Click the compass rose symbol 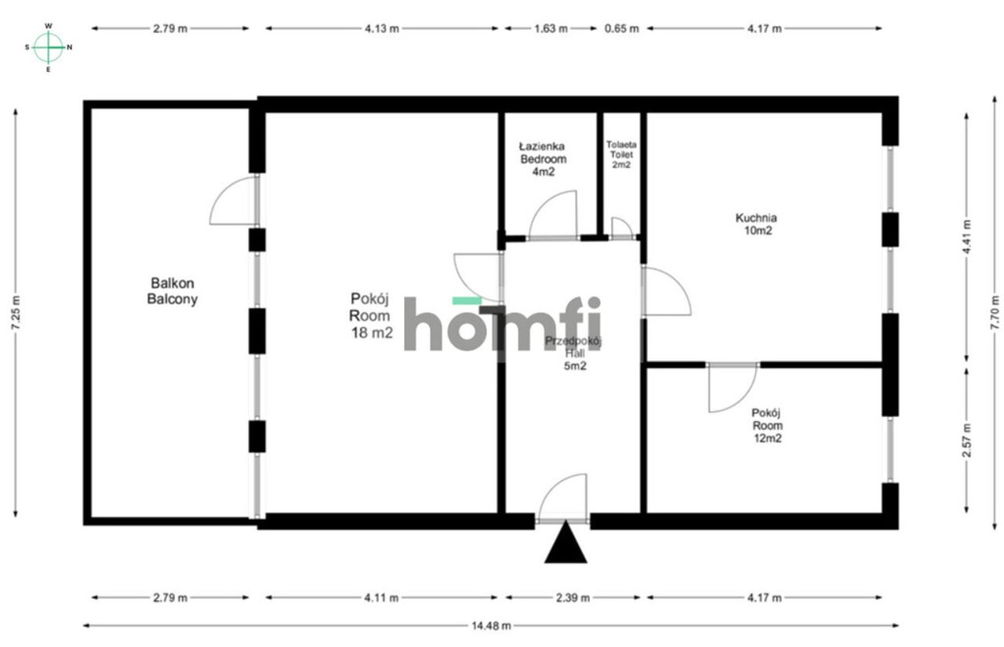click(49, 47)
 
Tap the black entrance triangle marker click(566, 542)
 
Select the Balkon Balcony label click(173, 291)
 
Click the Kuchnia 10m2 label click(756, 224)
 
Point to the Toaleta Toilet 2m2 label click(621, 154)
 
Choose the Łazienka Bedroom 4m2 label click(544, 159)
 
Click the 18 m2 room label click(372, 315)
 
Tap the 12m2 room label click(767, 426)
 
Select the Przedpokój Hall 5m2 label click(573, 354)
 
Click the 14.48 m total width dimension click(491, 626)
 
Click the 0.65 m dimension click(622, 29)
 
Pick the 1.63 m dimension click(551, 29)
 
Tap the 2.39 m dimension click(573, 598)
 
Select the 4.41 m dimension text click(966, 237)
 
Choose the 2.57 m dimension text click(966, 440)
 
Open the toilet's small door click(622, 227)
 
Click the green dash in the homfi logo click(467, 300)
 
